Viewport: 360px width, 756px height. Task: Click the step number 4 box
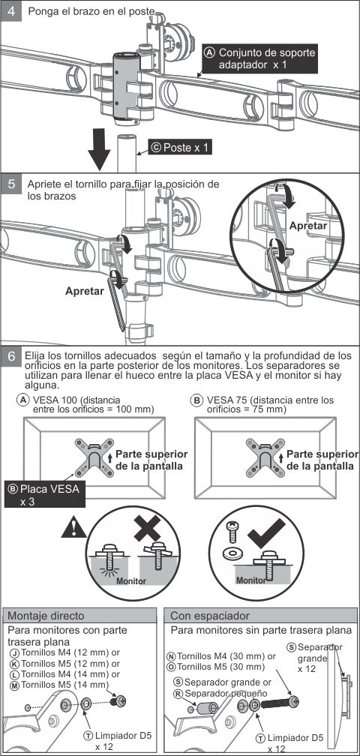(x=11, y=10)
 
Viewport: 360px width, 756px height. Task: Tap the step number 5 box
(x=11, y=184)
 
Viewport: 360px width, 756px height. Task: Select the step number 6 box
(x=11, y=356)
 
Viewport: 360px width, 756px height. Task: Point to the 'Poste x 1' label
(x=180, y=148)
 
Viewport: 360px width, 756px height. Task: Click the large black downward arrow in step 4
(x=100, y=149)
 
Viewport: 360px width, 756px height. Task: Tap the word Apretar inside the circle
(x=308, y=225)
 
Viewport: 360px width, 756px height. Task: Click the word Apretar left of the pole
(x=84, y=291)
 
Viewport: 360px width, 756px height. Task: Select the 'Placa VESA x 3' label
(x=44, y=493)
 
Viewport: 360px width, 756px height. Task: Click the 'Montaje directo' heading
(x=46, y=616)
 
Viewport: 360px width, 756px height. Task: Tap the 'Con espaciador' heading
(x=210, y=616)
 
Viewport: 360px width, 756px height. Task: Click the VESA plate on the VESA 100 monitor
(x=94, y=457)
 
